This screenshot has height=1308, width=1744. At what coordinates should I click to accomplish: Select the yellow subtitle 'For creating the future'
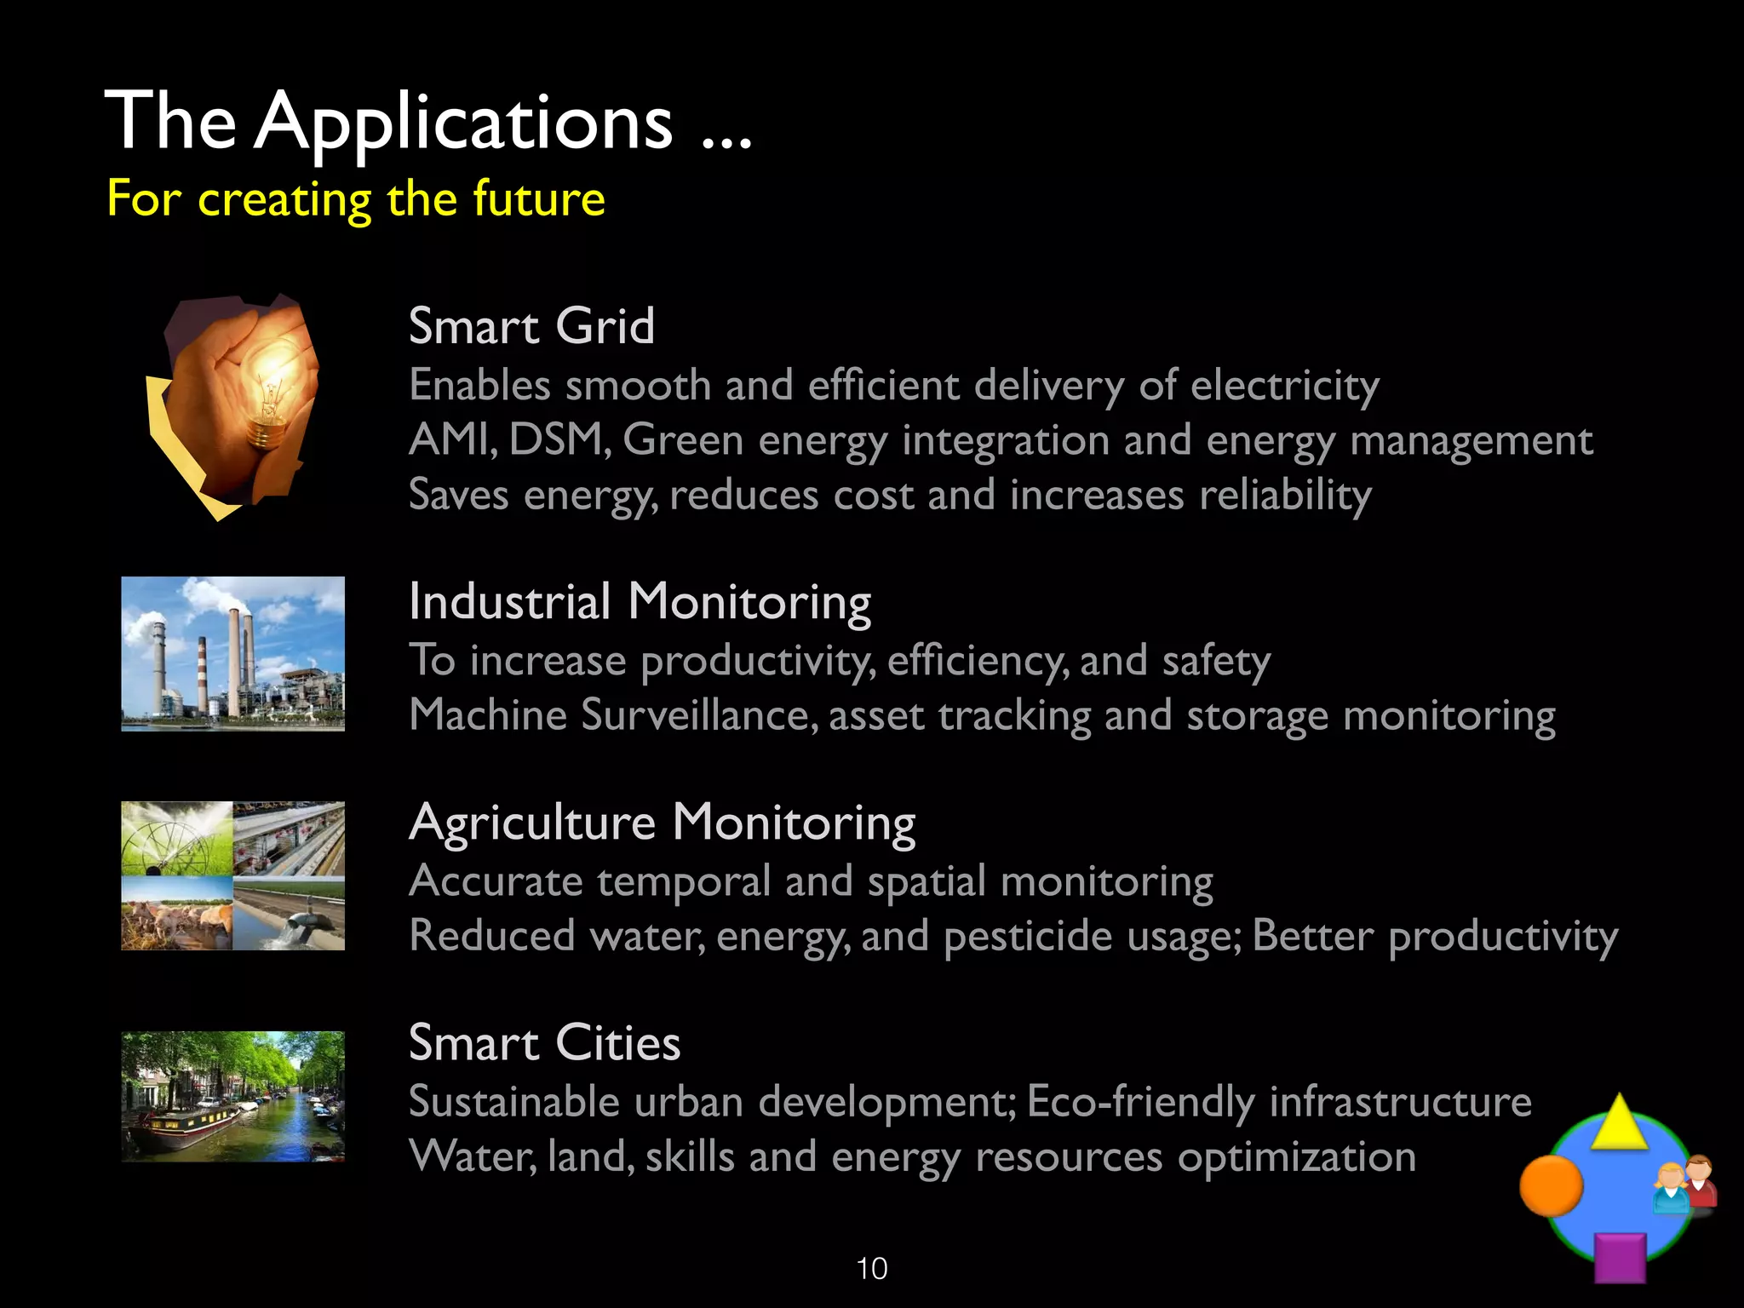tap(356, 199)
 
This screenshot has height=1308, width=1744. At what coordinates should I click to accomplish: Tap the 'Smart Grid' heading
tap(531, 326)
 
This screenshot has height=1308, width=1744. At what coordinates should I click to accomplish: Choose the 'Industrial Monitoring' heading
tap(640, 602)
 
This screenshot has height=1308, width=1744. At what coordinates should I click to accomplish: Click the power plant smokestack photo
tap(232, 653)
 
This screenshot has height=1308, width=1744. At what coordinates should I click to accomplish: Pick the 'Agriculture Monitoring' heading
tap(662, 823)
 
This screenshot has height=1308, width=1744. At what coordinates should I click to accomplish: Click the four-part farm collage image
tap(232, 875)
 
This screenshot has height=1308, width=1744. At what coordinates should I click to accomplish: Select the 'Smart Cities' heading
tap(544, 1043)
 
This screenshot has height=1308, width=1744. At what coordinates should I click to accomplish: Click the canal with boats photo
tap(232, 1096)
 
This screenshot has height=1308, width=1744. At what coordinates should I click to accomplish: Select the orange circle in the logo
tap(1551, 1185)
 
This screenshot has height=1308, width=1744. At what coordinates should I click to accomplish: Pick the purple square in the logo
tap(1619, 1258)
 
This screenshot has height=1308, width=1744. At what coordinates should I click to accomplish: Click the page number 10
tap(872, 1269)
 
